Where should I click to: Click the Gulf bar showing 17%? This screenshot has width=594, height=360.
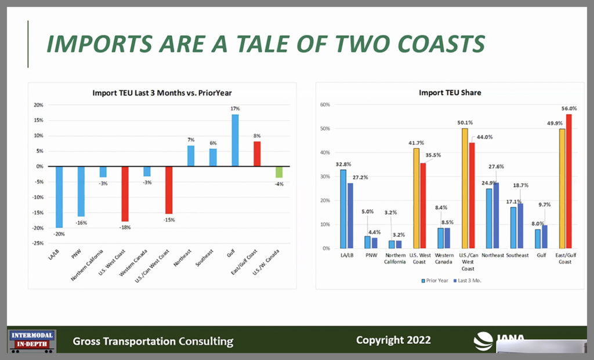235,140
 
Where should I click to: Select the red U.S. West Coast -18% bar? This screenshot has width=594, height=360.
125,194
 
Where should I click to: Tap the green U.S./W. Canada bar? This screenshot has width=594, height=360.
278,172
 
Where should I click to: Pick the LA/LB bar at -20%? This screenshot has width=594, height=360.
59,197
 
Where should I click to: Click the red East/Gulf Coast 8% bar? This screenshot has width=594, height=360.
257,154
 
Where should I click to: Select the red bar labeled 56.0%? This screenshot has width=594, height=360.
568,181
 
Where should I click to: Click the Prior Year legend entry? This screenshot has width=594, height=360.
436,280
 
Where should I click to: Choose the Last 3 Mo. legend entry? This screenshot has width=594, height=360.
468,280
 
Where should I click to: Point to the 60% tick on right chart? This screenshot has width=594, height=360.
325,105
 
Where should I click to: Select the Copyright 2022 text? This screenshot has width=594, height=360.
393,340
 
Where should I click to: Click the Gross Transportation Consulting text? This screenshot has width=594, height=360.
153,341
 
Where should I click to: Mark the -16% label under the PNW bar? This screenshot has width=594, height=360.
81,223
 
